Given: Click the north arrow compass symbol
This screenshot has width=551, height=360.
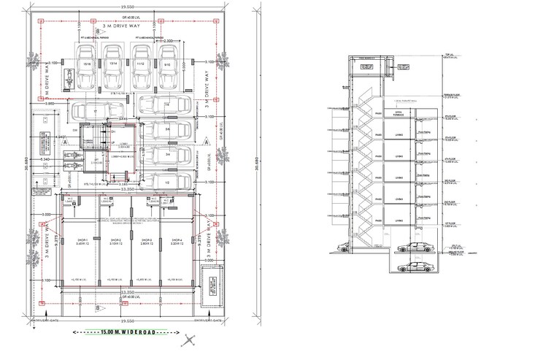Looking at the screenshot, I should [190, 340].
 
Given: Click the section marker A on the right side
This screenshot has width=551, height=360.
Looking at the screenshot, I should [208, 140].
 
